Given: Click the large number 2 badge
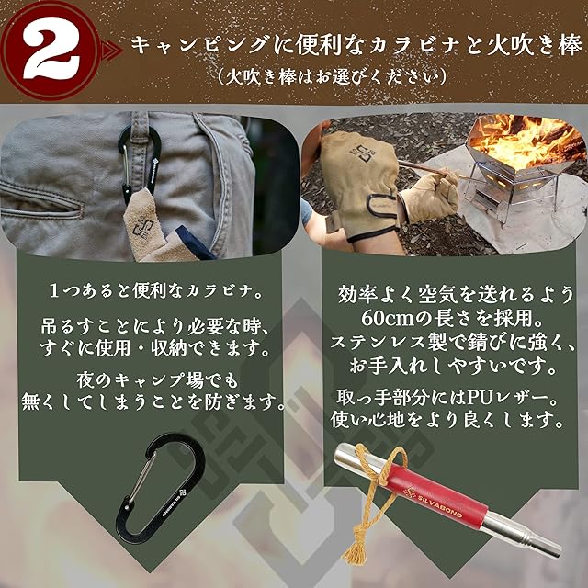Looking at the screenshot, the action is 51,51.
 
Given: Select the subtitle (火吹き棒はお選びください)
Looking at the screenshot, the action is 332,76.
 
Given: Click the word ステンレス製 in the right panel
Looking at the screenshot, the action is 389,342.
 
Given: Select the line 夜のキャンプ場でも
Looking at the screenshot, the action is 157,379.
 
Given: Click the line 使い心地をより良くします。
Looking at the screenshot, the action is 447,420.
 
